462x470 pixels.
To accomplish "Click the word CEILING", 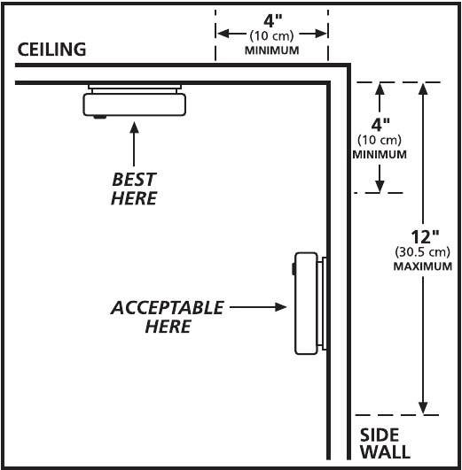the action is pyautogui.click(x=51, y=50).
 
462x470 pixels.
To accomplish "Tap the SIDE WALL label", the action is pyautogui.click(x=385, y=443).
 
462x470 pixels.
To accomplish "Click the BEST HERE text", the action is pyautogui.click(x=134, y=189).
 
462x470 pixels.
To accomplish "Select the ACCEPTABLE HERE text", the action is pyautogui.click(x=168, y=317).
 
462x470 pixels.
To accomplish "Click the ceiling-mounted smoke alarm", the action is pyautogui.click(x=134, y=102).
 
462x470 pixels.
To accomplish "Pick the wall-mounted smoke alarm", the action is pyautogui.click(x=310, y=304).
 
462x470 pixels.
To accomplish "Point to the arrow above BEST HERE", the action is pyautogui.click(x=134, y=144).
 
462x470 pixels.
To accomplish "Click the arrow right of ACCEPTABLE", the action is pyautogui.click(x=258, y=307).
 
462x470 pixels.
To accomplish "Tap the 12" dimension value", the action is pyautogui.click(x=425, y=237).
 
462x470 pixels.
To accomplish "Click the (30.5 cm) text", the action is pyautogui.click(x=422, y=252).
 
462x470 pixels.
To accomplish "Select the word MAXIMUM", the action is pyautogui.click(x=423, y=266).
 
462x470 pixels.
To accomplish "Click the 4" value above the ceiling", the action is pyautogui.click(x=273, y=20).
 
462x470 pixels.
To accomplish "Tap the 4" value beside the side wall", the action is pyautogui.click(x=380, y=125).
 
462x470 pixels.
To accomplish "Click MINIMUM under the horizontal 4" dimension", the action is pyautogui.click(x=272, y=50).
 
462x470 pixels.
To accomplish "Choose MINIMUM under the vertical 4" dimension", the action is pyautogui.click(x=380, y=155).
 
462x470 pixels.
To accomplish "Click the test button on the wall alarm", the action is pyautogui.click(x=293, y=268).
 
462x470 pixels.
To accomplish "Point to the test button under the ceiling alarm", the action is pyautogui.click(x=99, y=117).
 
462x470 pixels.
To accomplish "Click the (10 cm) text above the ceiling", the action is pyautogui.click(x=271, y=36).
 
